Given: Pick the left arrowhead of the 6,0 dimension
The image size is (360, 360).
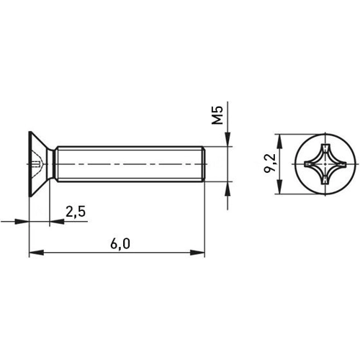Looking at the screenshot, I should pyautogui.click(x=33, y=252).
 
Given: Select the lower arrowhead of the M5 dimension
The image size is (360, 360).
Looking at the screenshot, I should pyautogui.click(x=228, y=188).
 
